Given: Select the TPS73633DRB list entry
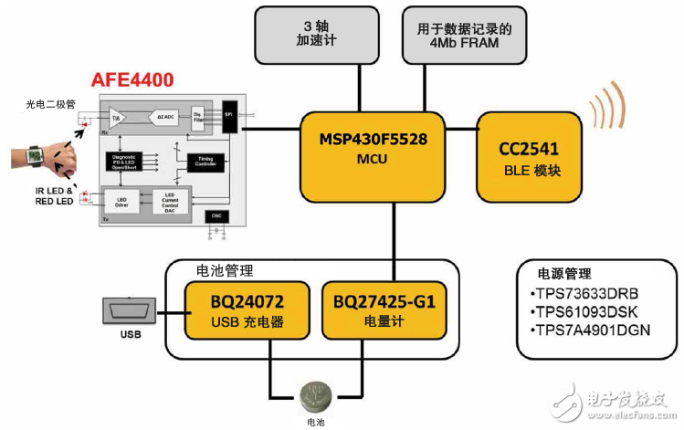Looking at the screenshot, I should (584, 294).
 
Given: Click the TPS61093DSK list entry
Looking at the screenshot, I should (584, 312).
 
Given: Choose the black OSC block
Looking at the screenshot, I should (216, 215).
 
